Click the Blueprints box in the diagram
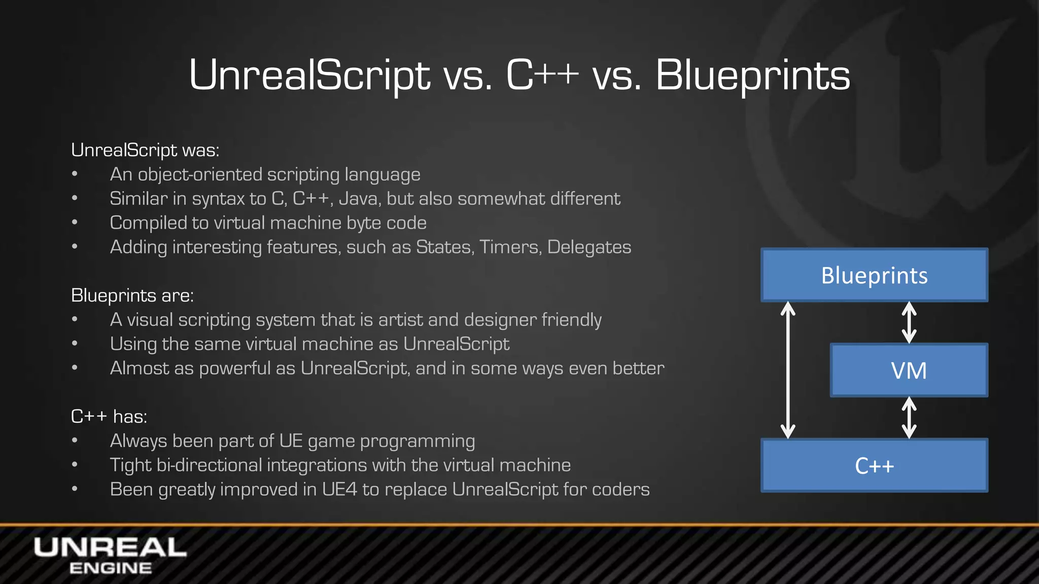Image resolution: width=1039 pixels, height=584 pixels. pos(874,275)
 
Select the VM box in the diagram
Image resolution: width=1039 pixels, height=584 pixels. pos(909,370)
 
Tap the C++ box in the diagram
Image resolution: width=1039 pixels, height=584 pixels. pos(874,465)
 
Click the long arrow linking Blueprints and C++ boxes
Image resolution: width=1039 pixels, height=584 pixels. pos(787,370)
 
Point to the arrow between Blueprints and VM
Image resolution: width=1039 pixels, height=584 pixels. pos(909,322)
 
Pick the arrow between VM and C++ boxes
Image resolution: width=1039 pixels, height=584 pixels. pos(909,418)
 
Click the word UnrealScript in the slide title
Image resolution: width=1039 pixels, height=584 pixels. pos(309,75)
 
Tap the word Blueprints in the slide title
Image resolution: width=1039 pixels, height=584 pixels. pos(752,75)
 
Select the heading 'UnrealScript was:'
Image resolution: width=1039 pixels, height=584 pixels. pos(145,150)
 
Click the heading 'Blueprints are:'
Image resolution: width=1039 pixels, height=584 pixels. pos(132,295)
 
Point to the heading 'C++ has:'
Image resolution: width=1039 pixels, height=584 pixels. pos(109,416)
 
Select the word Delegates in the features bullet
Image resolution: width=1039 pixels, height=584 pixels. pos(589,247)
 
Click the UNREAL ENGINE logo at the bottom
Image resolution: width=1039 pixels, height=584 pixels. pos(110,556)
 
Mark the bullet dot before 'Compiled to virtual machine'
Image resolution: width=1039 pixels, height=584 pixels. pos(75,223)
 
